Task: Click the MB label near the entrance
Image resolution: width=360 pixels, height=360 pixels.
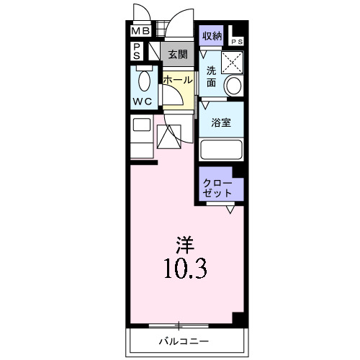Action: [x=140, y=32]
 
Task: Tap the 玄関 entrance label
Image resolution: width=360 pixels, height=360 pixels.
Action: [x=178, y=54]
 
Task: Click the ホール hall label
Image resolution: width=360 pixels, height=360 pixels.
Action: [x=177, y=80]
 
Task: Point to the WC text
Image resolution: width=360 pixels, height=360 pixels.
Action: [x=143, y=102]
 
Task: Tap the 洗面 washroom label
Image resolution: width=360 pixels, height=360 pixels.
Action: [x=211, y=76]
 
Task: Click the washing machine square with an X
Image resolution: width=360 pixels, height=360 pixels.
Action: [x=232, y=62]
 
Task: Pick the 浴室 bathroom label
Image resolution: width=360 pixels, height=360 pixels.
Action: [x=221, y=123]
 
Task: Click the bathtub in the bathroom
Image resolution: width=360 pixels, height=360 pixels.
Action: [x=222, y=149]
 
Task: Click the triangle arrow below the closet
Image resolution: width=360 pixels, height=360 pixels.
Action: [x=230, y=210]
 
